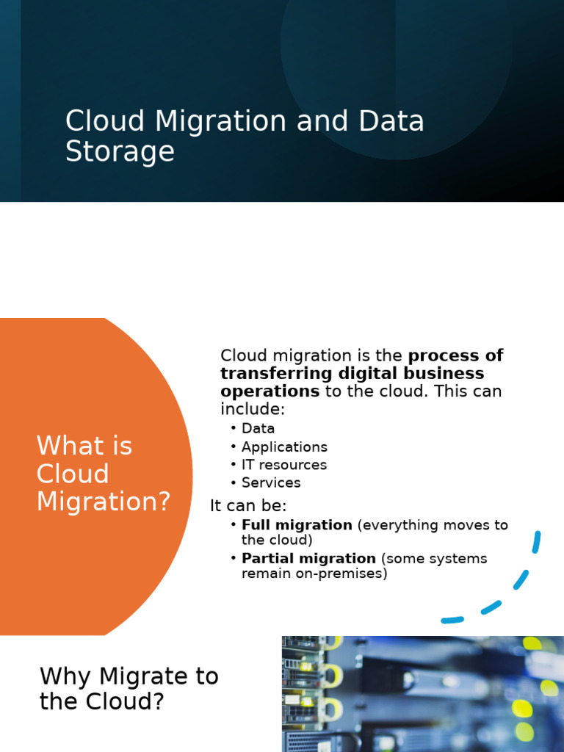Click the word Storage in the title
click(120, 152)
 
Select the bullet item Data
click(258, 428)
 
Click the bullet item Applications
click(284, 446)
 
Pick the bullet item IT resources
click(283, 465)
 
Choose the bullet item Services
click(271, 482)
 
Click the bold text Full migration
click(297, 525)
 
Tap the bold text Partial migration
click(308, 558)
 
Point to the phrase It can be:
click(248, 506)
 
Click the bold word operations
click(270, 391)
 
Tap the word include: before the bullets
click(252, 408)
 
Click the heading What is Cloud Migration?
click(103, 474)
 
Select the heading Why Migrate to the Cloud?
click(129, 689)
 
